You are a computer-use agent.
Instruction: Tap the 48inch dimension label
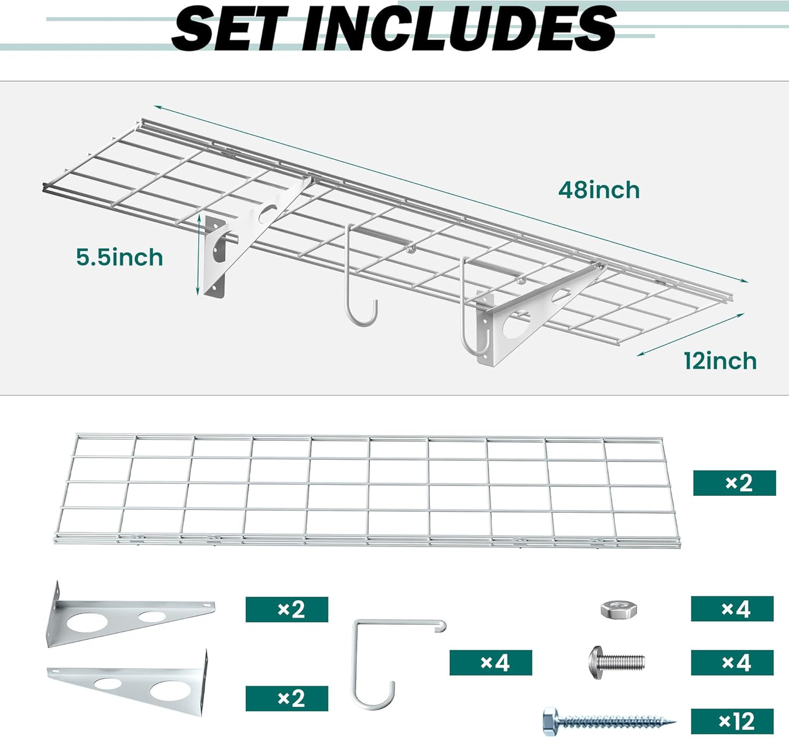[599, 190]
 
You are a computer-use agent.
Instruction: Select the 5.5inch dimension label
[120, 257]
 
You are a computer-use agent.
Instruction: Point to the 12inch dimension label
[720, 361]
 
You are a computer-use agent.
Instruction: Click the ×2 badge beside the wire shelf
[734, 483]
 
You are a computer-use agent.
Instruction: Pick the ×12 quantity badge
[732, 722]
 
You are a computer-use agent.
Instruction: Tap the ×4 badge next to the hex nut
[732, 609]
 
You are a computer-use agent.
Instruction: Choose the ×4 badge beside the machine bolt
[732, 663]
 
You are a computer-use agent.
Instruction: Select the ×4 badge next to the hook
[491, 663]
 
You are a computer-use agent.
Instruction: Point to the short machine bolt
[616, 662]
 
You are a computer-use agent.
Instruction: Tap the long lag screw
[608, 722]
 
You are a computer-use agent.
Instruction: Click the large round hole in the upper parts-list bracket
[88, 622]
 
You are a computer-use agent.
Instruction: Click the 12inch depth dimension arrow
[691, 334]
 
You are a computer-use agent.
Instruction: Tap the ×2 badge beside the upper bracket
[287, 609]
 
